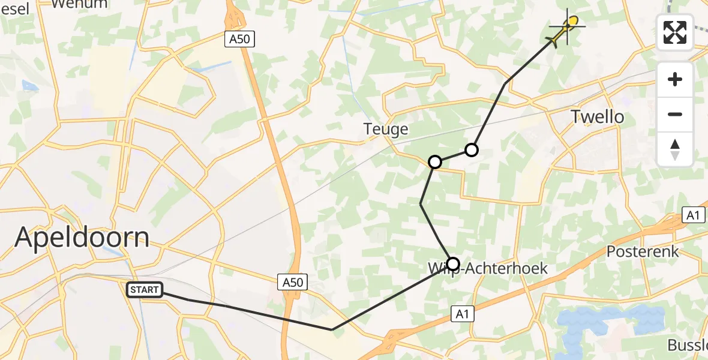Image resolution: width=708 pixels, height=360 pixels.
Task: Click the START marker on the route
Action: point(145,290)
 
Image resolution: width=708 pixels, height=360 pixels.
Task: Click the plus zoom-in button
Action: point(675,79)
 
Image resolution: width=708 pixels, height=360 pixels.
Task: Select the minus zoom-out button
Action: point(675,114)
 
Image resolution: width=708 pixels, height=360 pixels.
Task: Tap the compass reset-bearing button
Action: point(675,149)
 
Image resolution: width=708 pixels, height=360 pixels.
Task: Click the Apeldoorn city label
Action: point(82,237)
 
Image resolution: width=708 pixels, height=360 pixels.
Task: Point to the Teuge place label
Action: point(386,129)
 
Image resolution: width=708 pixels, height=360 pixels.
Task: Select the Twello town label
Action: point(597,116)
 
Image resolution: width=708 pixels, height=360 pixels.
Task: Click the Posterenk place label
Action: point(643,251)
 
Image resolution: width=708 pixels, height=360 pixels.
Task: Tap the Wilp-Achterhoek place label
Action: point(487,268)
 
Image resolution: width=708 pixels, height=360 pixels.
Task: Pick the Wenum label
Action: point(75,4)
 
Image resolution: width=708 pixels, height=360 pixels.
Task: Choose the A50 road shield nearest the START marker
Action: point(293,281)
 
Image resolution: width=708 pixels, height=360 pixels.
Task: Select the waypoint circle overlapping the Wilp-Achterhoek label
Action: point(452,264)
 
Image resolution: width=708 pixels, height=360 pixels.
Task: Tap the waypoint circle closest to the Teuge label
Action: point(435,162)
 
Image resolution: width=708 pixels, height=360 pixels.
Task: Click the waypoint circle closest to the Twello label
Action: point(472,150)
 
